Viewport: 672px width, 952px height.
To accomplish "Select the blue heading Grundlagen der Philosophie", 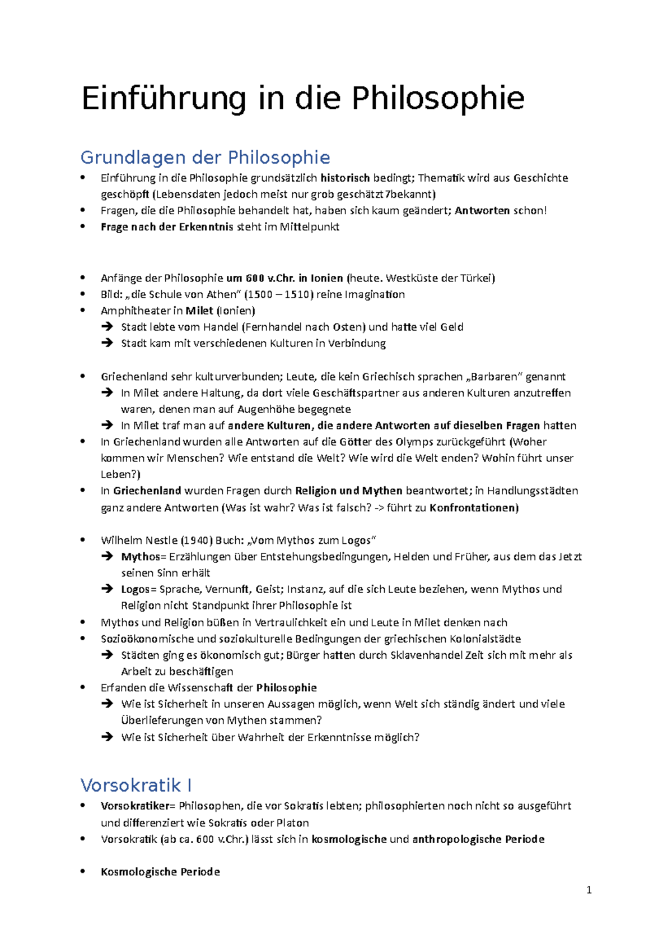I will pyautogui.click(x=205, y=158).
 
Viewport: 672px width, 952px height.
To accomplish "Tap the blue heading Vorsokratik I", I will pyautogui.click(x=136, y=785).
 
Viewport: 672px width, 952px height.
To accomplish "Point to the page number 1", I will pyautogui.click(x=589, y=890).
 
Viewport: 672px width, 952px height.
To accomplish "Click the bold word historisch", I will pyautogui.click(x=345, y=178).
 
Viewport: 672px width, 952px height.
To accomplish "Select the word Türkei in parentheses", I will pyautogui.click(x=476, y=278).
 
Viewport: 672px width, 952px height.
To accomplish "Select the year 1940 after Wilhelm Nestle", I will pyautogui.click(x=197, y=540).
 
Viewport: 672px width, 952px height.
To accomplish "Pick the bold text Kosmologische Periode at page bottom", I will pyautogui.click(x=160, y=872).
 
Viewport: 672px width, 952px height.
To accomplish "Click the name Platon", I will pyautogui.click(x=292, y=823).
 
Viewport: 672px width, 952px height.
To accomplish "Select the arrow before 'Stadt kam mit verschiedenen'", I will pyautogui.click(x=108, y=343).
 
